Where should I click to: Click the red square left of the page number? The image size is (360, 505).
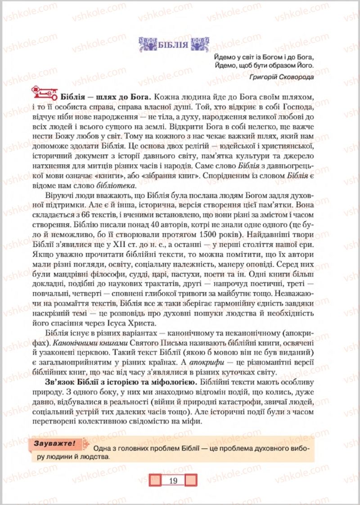(156, 480)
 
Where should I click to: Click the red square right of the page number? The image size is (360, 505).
(191, 480)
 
